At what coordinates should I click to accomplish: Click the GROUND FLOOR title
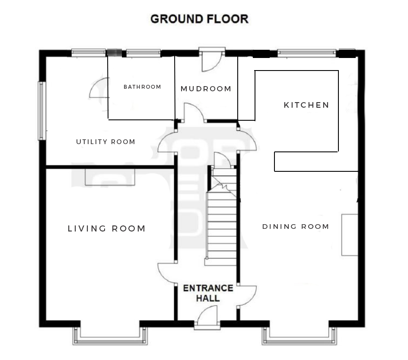pyautogui.click(x=199, y=19)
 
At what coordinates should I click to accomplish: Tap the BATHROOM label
pyautogui.click(x=142, y=87)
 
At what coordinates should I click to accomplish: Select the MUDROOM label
pyautogui.click(x=206, y=89)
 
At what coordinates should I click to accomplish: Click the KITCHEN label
pyautogui.click(x=306, y=105)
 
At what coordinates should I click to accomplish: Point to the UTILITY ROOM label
pyautogui.click(x=105, y=142)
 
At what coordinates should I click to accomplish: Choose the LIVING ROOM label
pyautogui.click(x=106, y=228)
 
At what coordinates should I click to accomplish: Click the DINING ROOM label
pyautogui.click(x=296, y=227)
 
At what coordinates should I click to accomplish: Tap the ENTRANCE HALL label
pyautogui.click(x=208, y=293)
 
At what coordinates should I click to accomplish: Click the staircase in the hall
pyautogui.click(x=221, y=217)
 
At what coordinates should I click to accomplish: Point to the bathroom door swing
pyautogui.click(x=99, y=88)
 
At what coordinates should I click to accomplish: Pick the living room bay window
pyautogui.click(x=110, y=336)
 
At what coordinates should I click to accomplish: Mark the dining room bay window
pyautogui.click(x=299, y=336)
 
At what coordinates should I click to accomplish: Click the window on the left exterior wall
pyautogui.click(x=42, y=111)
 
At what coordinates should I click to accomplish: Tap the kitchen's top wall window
pyautogui.click(x=307, y=53)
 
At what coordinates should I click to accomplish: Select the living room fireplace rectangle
pyautogui.click(x=110, y=177)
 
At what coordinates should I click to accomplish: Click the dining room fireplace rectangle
pyautogui.click(x=350, y=235)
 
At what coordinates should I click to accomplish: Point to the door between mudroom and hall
pyautogui.click(x=194, y=112)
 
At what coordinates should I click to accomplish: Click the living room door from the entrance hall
pyautogui.click(x=166, y=273)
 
